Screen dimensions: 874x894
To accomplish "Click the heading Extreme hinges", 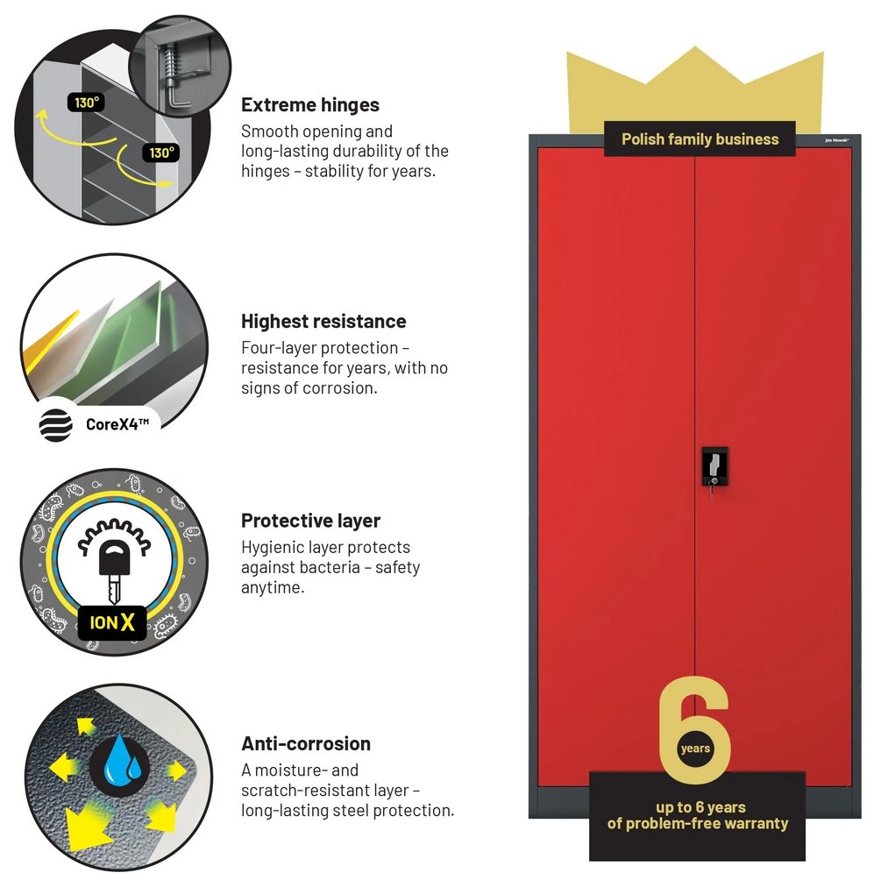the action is (310, 105).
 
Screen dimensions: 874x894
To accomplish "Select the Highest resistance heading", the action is (323, 322).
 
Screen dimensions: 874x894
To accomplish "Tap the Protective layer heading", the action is (310, 521).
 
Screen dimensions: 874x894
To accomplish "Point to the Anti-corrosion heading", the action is (306, 743).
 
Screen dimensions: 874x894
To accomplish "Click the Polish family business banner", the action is (700, 139).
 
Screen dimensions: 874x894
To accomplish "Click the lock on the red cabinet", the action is (714, 467).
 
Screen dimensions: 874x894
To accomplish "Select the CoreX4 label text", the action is (117, 424).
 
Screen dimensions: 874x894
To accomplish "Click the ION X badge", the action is (112, 622).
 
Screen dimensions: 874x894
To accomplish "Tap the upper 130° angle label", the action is (87, 103).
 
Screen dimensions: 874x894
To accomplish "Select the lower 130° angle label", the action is (161, 153).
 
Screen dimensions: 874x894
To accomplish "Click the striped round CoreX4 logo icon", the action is (56, 425).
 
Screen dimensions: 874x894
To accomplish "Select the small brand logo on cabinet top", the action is (836, 140).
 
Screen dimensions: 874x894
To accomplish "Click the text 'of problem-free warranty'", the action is (697, 823).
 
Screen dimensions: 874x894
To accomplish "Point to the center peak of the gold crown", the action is (695, 48).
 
